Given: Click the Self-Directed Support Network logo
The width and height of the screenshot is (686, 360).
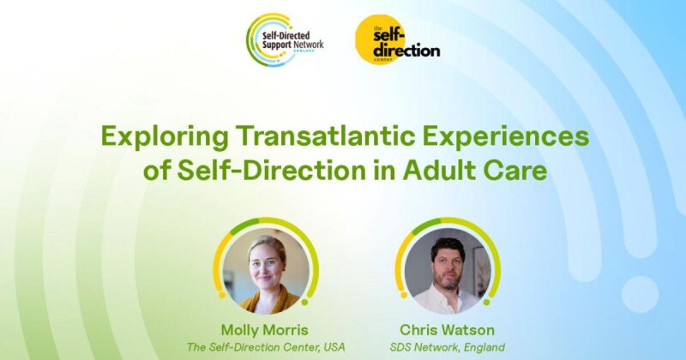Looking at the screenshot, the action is (285, 39).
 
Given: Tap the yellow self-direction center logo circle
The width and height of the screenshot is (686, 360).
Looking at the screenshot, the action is (380, 39).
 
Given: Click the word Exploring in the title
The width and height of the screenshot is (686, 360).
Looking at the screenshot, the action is (165, 137).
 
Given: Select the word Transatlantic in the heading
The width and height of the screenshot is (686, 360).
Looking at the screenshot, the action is (327, 136).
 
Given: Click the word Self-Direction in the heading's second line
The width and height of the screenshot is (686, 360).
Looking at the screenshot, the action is (271, 171).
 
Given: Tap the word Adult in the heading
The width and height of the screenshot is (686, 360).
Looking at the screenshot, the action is (439, 171).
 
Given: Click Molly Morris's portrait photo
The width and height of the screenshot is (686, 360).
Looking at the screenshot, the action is (266, 271).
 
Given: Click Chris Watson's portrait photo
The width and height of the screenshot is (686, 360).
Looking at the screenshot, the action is (448, 271).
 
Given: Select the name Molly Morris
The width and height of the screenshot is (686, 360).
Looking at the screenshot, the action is (265, 330).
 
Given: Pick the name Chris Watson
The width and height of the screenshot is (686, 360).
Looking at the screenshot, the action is (447, 330).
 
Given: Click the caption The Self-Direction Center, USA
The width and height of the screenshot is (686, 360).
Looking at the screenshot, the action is (266, 347).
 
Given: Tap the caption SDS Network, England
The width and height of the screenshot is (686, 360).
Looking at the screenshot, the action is (447, 347).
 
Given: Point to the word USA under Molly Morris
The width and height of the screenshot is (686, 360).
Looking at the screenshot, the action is (334, 347).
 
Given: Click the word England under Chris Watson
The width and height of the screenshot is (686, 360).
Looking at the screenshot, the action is (484, 348).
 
